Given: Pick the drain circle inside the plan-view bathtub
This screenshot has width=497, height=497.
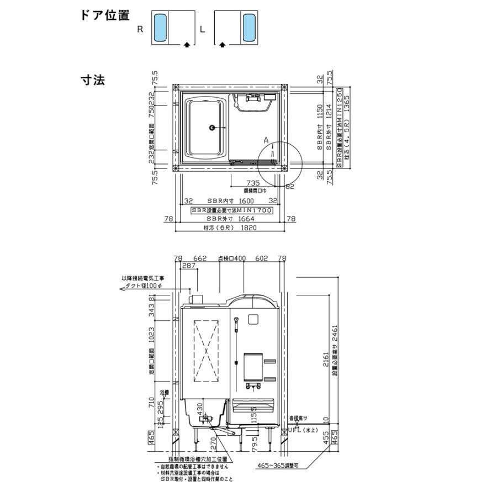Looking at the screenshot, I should [x=212, y=128].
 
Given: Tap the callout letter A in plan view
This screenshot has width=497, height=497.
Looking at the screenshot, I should [x=266, y=141].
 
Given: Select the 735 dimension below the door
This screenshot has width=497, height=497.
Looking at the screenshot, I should [x=253, y=183].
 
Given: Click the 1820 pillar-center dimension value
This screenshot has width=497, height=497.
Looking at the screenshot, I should [x=250, y=227].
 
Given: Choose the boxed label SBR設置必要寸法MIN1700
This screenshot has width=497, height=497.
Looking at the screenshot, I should [x=231, y=211].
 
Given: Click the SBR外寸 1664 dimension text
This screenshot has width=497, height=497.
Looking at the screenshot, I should [x=231, y=219].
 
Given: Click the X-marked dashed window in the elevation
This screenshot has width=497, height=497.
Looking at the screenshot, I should [x=206, y=350].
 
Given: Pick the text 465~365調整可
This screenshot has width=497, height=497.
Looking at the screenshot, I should [x=278, y=466].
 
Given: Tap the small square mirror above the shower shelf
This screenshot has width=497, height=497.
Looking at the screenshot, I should [x=253, y=318].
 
